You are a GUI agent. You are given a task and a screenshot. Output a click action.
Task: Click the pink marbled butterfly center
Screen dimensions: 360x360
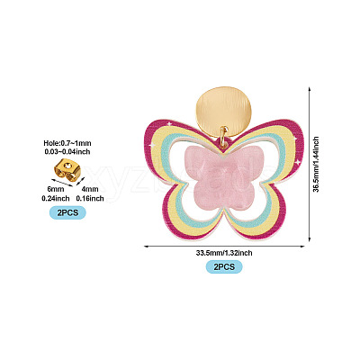pyautogui.click(x=224, y=178)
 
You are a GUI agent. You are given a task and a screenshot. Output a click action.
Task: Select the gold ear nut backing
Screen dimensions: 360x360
pyautogui.click(x=67, y=170)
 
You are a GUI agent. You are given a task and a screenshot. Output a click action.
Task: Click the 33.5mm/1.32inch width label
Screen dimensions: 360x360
pyautogui.click(x=224, y=253)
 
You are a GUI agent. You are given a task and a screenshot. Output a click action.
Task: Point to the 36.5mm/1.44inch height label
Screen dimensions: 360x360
pyautogui.click(x=316, y=165)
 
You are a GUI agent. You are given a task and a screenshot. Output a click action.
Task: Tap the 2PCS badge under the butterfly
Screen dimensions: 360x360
pyautogui.click(x=224, y=266)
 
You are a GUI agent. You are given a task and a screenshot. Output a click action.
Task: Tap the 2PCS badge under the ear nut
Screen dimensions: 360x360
pyautogui.click(x=67, y=212)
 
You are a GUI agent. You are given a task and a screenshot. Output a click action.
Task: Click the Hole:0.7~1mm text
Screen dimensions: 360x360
pyautogui.click(x=67, y=143)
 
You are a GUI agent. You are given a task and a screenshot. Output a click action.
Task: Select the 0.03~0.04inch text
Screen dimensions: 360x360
pyautogui.click(x=67, y=152)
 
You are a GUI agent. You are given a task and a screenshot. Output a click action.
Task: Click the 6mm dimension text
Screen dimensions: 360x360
pyautogui.click(x=56, y=189)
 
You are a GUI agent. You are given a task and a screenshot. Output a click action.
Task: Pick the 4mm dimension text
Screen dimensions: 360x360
pyautogui.click(x=90, y=189)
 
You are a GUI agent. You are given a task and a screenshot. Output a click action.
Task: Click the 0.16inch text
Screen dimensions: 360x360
pyautogui.click(x=90, y=198)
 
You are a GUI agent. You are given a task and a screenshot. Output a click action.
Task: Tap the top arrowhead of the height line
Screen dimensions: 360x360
pyautogui.click(x=310, y=89)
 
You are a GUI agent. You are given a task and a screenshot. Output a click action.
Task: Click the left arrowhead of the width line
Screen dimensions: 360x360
pyautogui.click(x=147, y=247)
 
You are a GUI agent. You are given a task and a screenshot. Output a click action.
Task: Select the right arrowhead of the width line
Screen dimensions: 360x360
pyautogui.click(x=302, y=247)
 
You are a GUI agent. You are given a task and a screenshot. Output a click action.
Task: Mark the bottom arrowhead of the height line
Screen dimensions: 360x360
pyautogui.click(x=310, y=239)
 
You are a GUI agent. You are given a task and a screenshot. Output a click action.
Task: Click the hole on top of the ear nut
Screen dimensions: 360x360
pyautogui.click(x=69, y=165)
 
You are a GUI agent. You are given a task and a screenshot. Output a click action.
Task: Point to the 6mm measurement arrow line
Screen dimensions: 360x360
pyautogui.click(x=62, y=183)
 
